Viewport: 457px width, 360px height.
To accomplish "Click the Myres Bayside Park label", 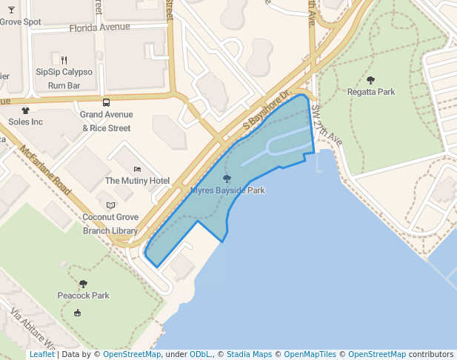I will click(x=227, y=190).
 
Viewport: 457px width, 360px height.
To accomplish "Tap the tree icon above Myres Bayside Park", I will click(x=227, y=179).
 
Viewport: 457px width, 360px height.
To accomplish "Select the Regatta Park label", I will click(x=370, y=92).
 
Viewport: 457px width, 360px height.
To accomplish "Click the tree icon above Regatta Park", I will click(x=370, y=80).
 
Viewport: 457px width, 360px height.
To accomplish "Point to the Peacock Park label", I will click(x=83, y=296).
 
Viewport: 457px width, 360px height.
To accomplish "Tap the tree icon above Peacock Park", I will click(x=83, y=284).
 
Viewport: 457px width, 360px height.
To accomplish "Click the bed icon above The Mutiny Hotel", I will click(x=137, y=169).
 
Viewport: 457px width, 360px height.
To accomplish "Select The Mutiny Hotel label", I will click(x=137, y=181).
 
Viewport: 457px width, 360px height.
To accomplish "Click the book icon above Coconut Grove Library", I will click(x=110, y=205).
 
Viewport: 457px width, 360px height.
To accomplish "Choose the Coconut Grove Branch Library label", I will click(x=110, y=224).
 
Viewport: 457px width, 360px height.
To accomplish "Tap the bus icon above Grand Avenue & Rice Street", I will click(x=106, y=103).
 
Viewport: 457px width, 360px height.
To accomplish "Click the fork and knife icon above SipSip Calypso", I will click(x=64, y=60).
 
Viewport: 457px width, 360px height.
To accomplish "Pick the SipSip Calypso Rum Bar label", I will click(x=64, y=79).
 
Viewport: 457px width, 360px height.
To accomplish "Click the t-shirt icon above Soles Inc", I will click(x=25, y=110).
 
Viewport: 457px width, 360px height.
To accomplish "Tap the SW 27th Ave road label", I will click(x=326, y=124).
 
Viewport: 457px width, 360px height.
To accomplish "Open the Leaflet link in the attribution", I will click(x=41, y=354).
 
